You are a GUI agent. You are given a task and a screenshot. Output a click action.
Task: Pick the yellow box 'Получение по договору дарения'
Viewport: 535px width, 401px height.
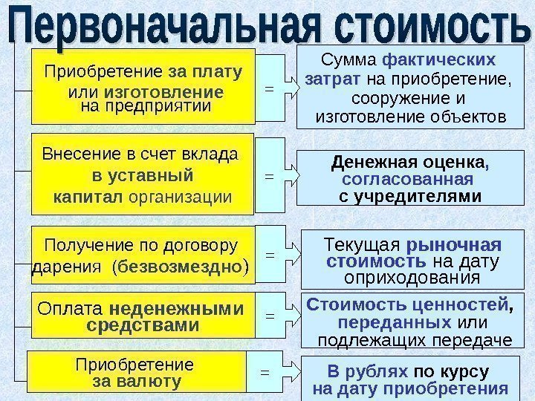143,255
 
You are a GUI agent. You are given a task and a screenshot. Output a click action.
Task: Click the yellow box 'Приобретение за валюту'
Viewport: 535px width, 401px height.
135,372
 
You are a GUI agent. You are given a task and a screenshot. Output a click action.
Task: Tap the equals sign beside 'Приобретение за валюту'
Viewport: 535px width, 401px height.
264,372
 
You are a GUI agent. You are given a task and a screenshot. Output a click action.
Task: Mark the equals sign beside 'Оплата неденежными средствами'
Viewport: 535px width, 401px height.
270,316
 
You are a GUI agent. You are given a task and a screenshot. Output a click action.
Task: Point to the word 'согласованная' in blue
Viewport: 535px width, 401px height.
407,180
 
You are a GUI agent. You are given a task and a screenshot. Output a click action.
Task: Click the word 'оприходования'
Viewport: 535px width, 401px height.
414,278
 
